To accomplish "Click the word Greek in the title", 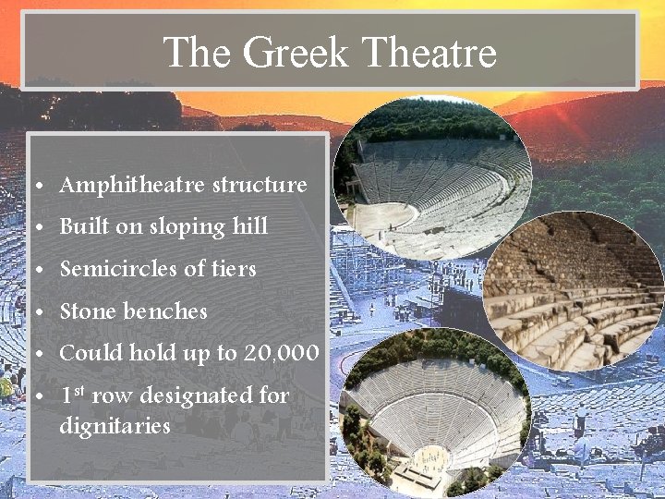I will (296, 53).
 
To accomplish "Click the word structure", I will (260, 185).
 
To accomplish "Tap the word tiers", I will (233, 269).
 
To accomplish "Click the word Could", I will (91, 354).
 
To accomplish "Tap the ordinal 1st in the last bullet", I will (72, 396).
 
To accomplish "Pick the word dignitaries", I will (115, 426).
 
